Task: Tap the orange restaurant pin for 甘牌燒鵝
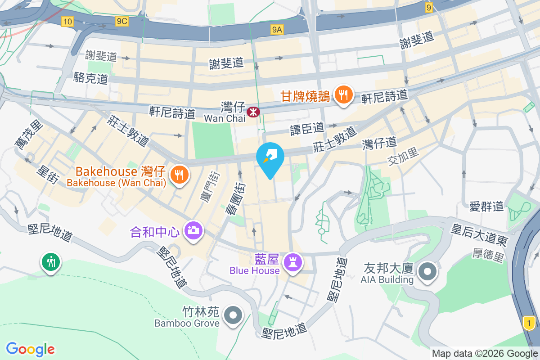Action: coord(344,95)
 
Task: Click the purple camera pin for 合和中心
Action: coord(194,231)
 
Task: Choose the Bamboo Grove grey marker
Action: coord(233,316)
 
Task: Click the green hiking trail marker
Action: coord(51,261)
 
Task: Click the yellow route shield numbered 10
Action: coord(67,21)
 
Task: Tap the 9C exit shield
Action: coord(121,21)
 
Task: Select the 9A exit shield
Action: coord(277,30)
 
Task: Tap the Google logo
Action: coord(30,349)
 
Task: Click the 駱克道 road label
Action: coord(91,78)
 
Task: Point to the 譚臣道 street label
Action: coord(307,129)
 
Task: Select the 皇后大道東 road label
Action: coord(479,235)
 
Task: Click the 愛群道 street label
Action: coord(486,207)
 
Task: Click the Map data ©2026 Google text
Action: coord(485,354)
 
